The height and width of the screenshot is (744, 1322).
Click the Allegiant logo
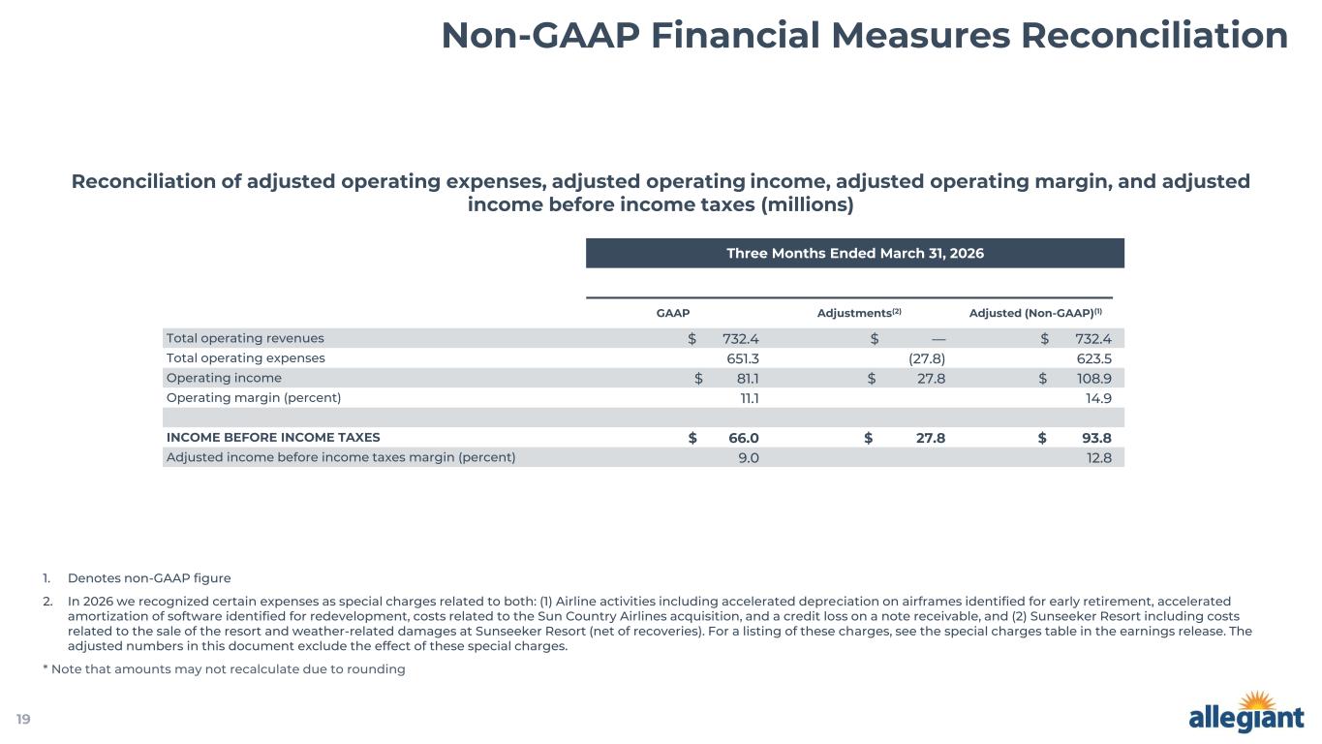pyautogui.click(x=1245, y=711)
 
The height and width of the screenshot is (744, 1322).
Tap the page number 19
pyautogui.click(x=23, y=719)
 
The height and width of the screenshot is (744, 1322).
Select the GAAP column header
pyautogui.click(x=673, y=313)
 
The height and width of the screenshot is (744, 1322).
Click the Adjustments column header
pyautogui.click(x=859, y=312)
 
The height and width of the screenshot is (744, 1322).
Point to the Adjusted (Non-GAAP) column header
pyautogui.click(x=1035, y=312)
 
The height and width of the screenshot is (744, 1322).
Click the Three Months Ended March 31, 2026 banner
pyautogui.click(x=854, y=253)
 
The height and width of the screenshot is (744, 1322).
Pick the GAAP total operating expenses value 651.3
pyautogui.click(x=743, y=358)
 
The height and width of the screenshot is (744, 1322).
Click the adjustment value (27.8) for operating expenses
pyautogui.click(x=927, y=358)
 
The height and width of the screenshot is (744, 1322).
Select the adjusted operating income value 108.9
pyautogui.click(x=1093, y=379)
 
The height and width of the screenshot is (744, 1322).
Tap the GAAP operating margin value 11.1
pyautogui.click(x=750, y=398)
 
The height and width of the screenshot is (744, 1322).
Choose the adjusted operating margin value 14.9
pyautogui.click(x=1098, y=398)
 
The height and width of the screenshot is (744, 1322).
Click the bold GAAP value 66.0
pyautogui.click(x=743, y=438)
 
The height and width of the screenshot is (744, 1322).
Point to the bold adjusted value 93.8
pyautogui.click(x=1096, y=438)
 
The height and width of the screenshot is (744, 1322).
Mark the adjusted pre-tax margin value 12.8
pyautogui.click(x=1099, y=457)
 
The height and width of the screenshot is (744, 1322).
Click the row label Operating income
pyautogui.click(x=224, y=378)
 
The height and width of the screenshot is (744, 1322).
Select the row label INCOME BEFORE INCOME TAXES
pyautogui.click(x=273, y=438)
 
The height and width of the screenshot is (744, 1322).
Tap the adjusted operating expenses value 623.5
pyautogui.click(x=1094, y=358)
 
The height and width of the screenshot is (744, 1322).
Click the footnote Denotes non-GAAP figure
pyautogui.click(x=149, y=578)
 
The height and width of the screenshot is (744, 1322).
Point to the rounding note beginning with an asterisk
pyautogui.click(x=224, y=669)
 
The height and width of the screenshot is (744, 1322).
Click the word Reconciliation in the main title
pyautogui.click(x=1154, y=36)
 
